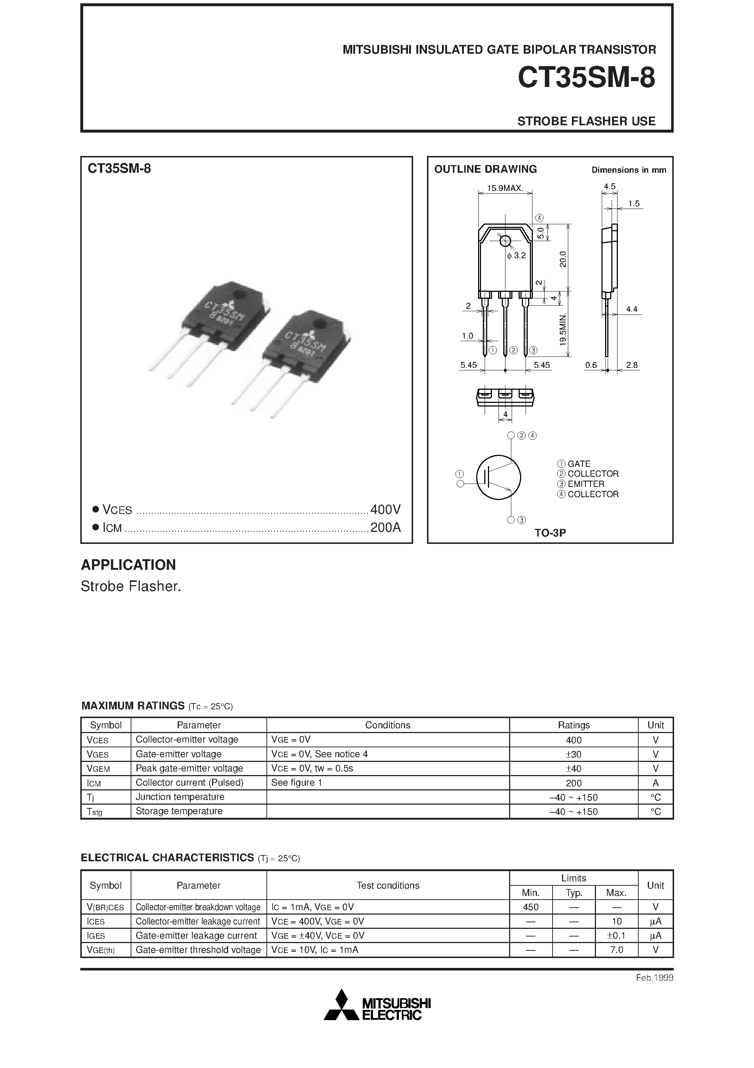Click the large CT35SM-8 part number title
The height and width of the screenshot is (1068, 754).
click(x=586, y=78)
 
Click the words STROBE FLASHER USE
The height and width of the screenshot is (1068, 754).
click(x=586, y=121)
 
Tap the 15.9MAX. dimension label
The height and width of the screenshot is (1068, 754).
click(x=505, y=188)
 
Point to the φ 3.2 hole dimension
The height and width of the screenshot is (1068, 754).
click(x=516, y=255)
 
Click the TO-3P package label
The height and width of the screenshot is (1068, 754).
click(x=550, y=533)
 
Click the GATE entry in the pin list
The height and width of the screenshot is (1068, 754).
click(x=579, y=464)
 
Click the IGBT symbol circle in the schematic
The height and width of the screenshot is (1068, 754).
click(x=499, y=477)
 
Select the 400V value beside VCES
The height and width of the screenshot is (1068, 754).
click(x=385, y=510)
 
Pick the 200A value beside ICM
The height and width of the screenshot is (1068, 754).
click(x=385, y=527)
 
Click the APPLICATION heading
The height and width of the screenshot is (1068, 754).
click(x=128, y=565)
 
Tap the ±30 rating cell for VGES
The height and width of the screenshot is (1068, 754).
click(x=574, y=754)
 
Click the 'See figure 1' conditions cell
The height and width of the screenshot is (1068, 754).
click(x=297, y=782)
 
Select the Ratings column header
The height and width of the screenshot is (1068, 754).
click(x=574, y=725)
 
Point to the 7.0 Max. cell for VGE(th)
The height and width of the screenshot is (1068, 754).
click(x=616, y=950)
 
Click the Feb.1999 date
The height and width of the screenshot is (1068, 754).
click(x=654, y=978)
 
